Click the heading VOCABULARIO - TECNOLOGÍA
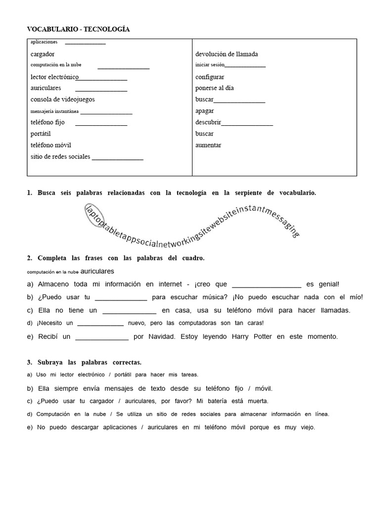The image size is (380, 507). click(78, 29)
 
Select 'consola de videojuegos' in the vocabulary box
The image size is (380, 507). click(62, 100)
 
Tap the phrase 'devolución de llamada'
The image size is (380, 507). click(226, 54)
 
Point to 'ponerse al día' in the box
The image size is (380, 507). click(214, 88)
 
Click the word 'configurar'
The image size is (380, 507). click(210, 77)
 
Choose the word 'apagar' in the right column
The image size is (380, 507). click(204, 111)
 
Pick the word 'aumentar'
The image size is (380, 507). click(208, 145)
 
